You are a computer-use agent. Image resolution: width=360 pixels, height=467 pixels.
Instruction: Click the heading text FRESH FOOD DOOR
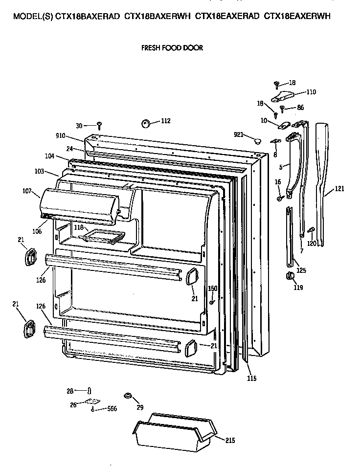point(172,48)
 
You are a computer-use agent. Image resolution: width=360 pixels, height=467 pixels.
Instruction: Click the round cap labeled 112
point(145,123)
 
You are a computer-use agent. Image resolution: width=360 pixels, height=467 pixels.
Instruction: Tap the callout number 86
point(300,107)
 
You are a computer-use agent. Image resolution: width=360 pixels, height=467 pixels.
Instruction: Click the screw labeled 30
point(99,124)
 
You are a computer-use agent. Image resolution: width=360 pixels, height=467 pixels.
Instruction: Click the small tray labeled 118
point(102,237)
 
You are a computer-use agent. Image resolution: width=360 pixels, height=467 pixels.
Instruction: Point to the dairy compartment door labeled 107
point(78,202)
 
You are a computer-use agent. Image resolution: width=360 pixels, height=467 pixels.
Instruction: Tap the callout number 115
point(251,378)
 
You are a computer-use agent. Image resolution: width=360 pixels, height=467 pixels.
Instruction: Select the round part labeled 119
point(289,277)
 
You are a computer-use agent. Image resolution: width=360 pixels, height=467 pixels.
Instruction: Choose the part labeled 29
point(128,395)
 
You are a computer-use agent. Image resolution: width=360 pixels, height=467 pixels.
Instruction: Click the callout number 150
point(212,289)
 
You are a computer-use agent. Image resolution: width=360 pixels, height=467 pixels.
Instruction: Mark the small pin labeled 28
point(89,390)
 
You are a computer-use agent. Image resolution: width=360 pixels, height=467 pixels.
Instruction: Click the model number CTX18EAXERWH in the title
point(297,16)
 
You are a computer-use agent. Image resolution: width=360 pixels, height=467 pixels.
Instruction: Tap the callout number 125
point(301,270)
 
